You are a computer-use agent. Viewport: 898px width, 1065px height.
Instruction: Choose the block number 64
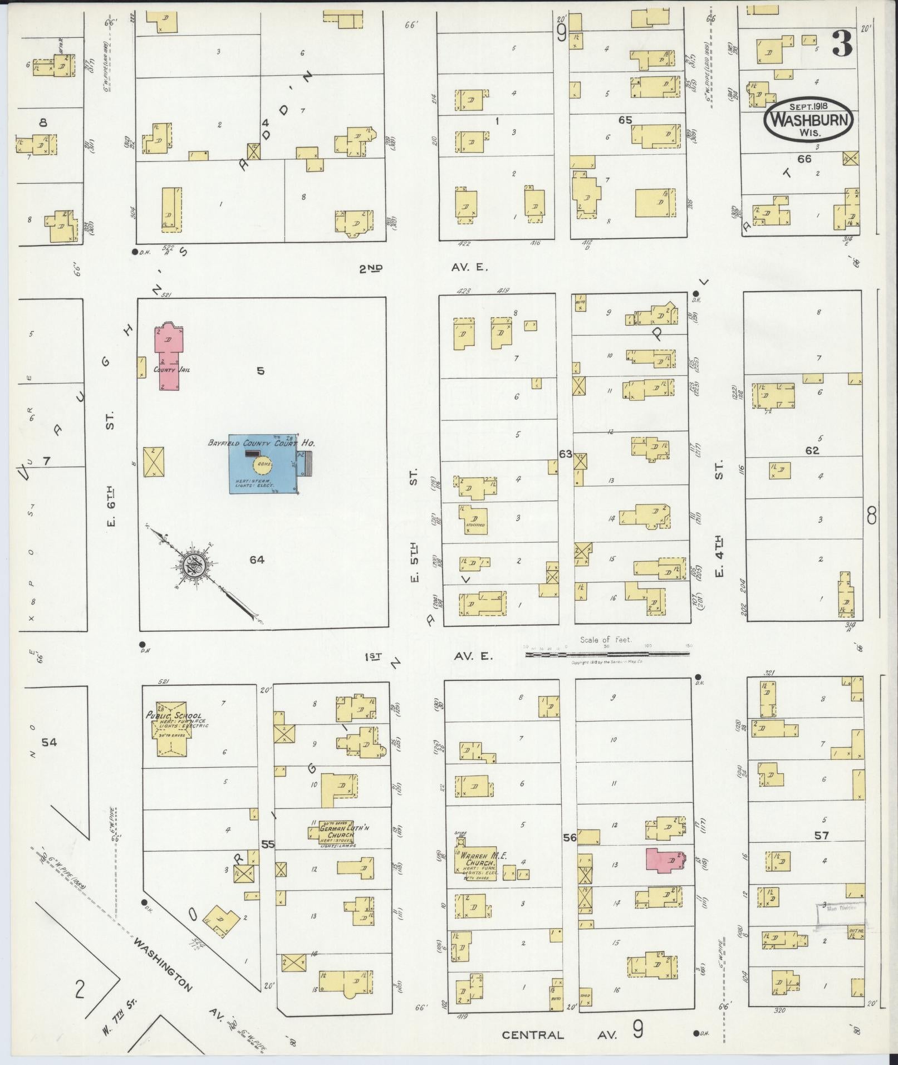pos(257,560)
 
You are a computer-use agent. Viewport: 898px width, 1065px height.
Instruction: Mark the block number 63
pos(566,454)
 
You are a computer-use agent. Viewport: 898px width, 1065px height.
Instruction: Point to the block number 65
pos(625,119)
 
